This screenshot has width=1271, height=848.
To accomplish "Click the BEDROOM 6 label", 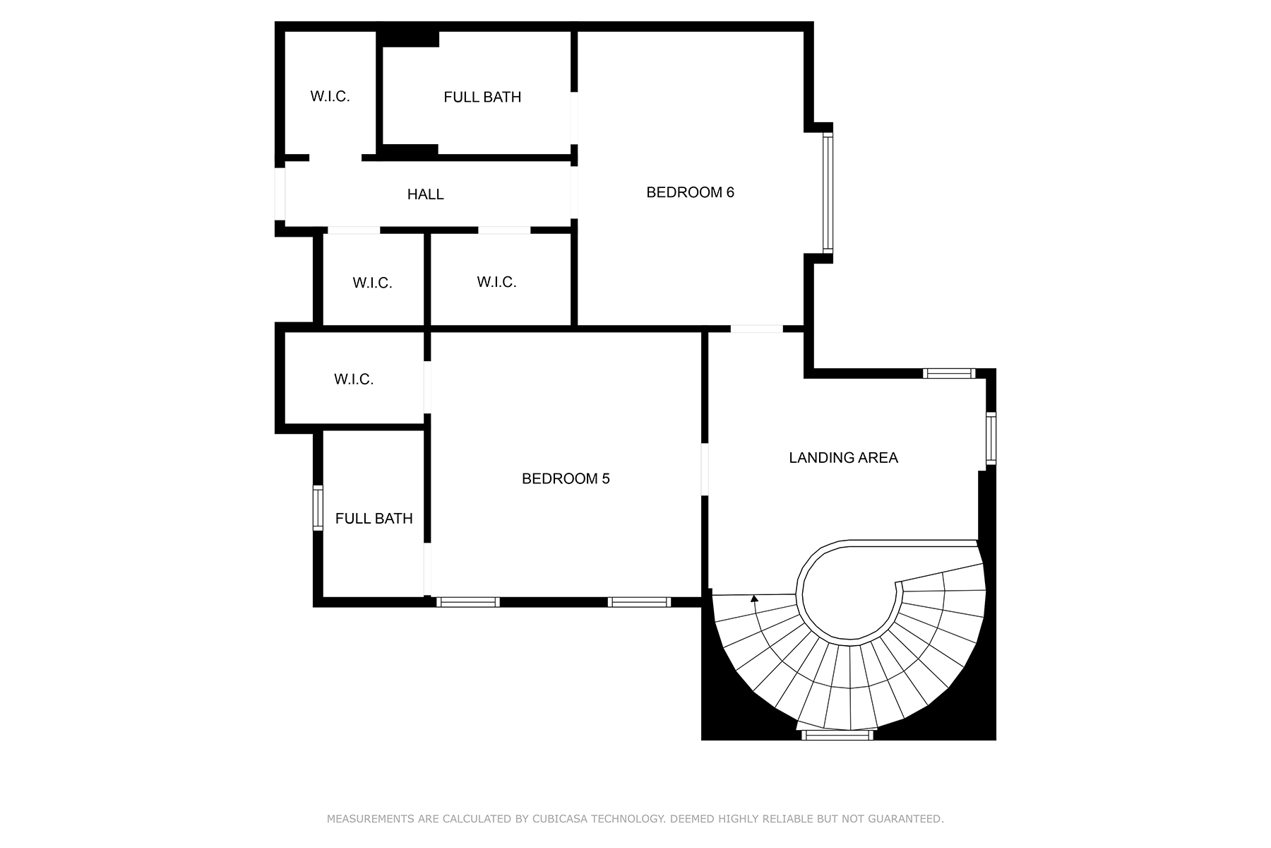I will (690, 192).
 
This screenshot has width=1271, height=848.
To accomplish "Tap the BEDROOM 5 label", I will (565, 478).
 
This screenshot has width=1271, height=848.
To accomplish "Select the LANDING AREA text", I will (843, 458).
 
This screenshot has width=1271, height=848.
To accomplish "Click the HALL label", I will (425, 194).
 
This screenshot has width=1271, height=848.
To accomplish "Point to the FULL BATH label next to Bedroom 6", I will (482, 98).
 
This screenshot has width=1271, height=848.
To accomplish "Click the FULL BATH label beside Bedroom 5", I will (374, 519).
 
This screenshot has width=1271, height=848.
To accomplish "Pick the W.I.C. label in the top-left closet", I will (330, 96).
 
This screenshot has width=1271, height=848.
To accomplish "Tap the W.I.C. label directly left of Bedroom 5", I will (353, 379).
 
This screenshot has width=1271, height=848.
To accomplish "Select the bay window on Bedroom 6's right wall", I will (828, 192).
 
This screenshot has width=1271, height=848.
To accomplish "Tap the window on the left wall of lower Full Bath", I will (318, 508).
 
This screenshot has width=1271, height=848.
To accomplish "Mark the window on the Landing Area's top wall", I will (949, 373).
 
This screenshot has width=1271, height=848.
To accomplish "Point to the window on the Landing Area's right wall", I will (991, 439).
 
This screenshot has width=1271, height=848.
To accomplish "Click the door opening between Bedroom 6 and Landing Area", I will (756, 329).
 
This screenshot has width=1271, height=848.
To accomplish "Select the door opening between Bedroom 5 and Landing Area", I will (705, 469).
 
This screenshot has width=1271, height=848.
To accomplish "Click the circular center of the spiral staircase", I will (847, 594).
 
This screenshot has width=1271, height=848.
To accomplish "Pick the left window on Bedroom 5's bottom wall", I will (467, 602).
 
